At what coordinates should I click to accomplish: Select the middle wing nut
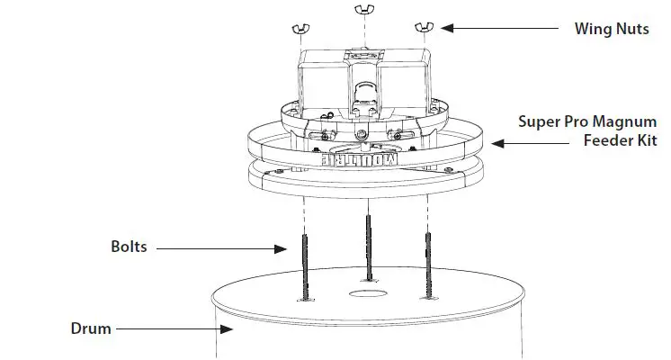(363, 11)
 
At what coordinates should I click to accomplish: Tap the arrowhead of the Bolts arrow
(285, 247)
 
